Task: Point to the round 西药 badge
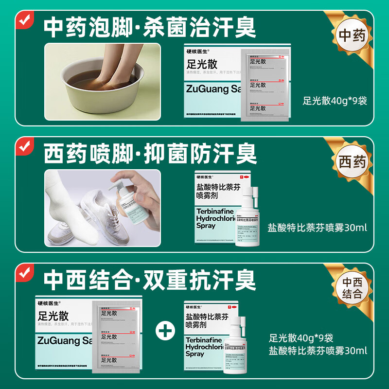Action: point(352,161)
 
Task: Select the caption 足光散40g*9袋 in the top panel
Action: point(335,101)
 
